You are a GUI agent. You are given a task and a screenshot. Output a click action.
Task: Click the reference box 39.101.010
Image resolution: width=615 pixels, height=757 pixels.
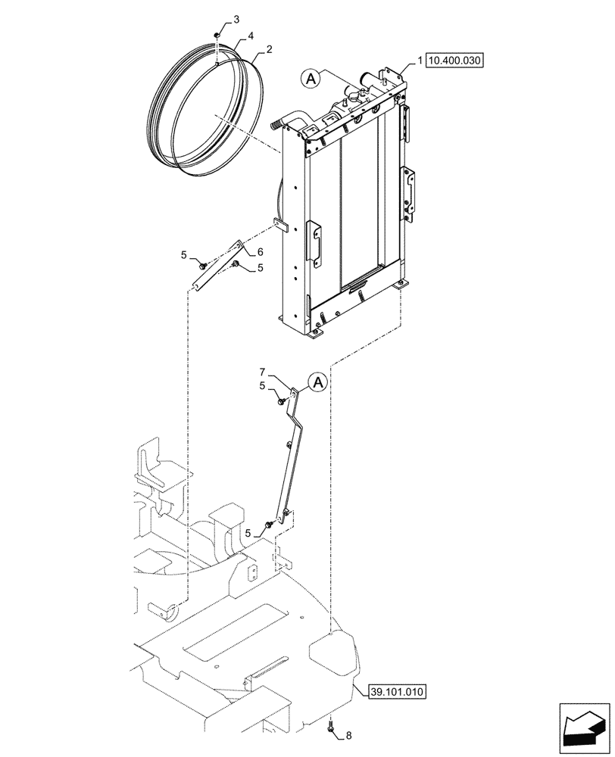click(398, 692)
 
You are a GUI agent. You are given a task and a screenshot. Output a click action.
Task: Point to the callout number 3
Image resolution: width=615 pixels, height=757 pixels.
click(216, 18)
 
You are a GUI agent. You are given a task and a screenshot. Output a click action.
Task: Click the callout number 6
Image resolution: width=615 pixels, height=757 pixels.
click(259, 251)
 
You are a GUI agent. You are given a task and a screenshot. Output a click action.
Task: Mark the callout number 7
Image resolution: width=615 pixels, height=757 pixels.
click(263, 372)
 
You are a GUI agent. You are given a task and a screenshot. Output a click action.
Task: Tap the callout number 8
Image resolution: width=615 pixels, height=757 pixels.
click(348, 734)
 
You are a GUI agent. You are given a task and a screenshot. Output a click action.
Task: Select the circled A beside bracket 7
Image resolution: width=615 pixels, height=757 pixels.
click(318, 384)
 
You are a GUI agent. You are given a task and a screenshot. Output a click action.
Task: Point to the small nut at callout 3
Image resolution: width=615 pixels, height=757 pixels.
click(217, 35)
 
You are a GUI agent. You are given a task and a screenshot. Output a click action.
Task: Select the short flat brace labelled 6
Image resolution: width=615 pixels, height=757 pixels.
click(216, 265)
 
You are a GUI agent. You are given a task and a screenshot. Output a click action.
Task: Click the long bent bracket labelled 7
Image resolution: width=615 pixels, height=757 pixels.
click(294, 454)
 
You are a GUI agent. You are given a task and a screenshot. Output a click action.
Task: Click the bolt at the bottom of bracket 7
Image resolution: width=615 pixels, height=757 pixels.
click(269, 525)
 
